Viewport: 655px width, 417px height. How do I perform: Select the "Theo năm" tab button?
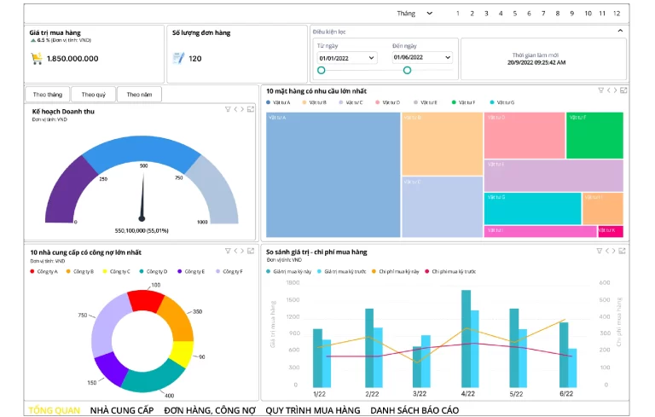click(139, 95)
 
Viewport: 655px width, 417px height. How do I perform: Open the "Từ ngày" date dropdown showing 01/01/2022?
click(346, 58)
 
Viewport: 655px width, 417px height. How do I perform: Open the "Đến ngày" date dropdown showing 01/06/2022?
click(421, 58)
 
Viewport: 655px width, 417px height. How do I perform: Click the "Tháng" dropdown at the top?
click(414, 13)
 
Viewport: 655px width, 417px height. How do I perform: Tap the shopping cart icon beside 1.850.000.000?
click(37, 59)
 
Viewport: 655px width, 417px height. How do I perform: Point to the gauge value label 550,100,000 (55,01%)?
click(142, 230)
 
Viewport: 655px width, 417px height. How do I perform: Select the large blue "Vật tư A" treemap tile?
click(332, 175)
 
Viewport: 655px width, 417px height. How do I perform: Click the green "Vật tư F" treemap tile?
click(594, 135)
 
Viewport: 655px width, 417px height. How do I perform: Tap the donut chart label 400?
click(169, 396)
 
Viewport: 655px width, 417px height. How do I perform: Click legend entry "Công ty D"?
click(155, 271)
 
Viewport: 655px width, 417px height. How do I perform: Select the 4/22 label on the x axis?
click(467, 393)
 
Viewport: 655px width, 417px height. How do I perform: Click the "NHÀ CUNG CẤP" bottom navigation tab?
click(121, 410)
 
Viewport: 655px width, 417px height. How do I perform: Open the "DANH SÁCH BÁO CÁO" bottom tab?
click(414, 410)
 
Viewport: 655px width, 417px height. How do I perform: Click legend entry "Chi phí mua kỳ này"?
click(398, 271)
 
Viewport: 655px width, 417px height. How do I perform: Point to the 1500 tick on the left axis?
click(293, 300)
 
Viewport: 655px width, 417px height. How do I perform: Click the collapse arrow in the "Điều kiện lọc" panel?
click(620, 31)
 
